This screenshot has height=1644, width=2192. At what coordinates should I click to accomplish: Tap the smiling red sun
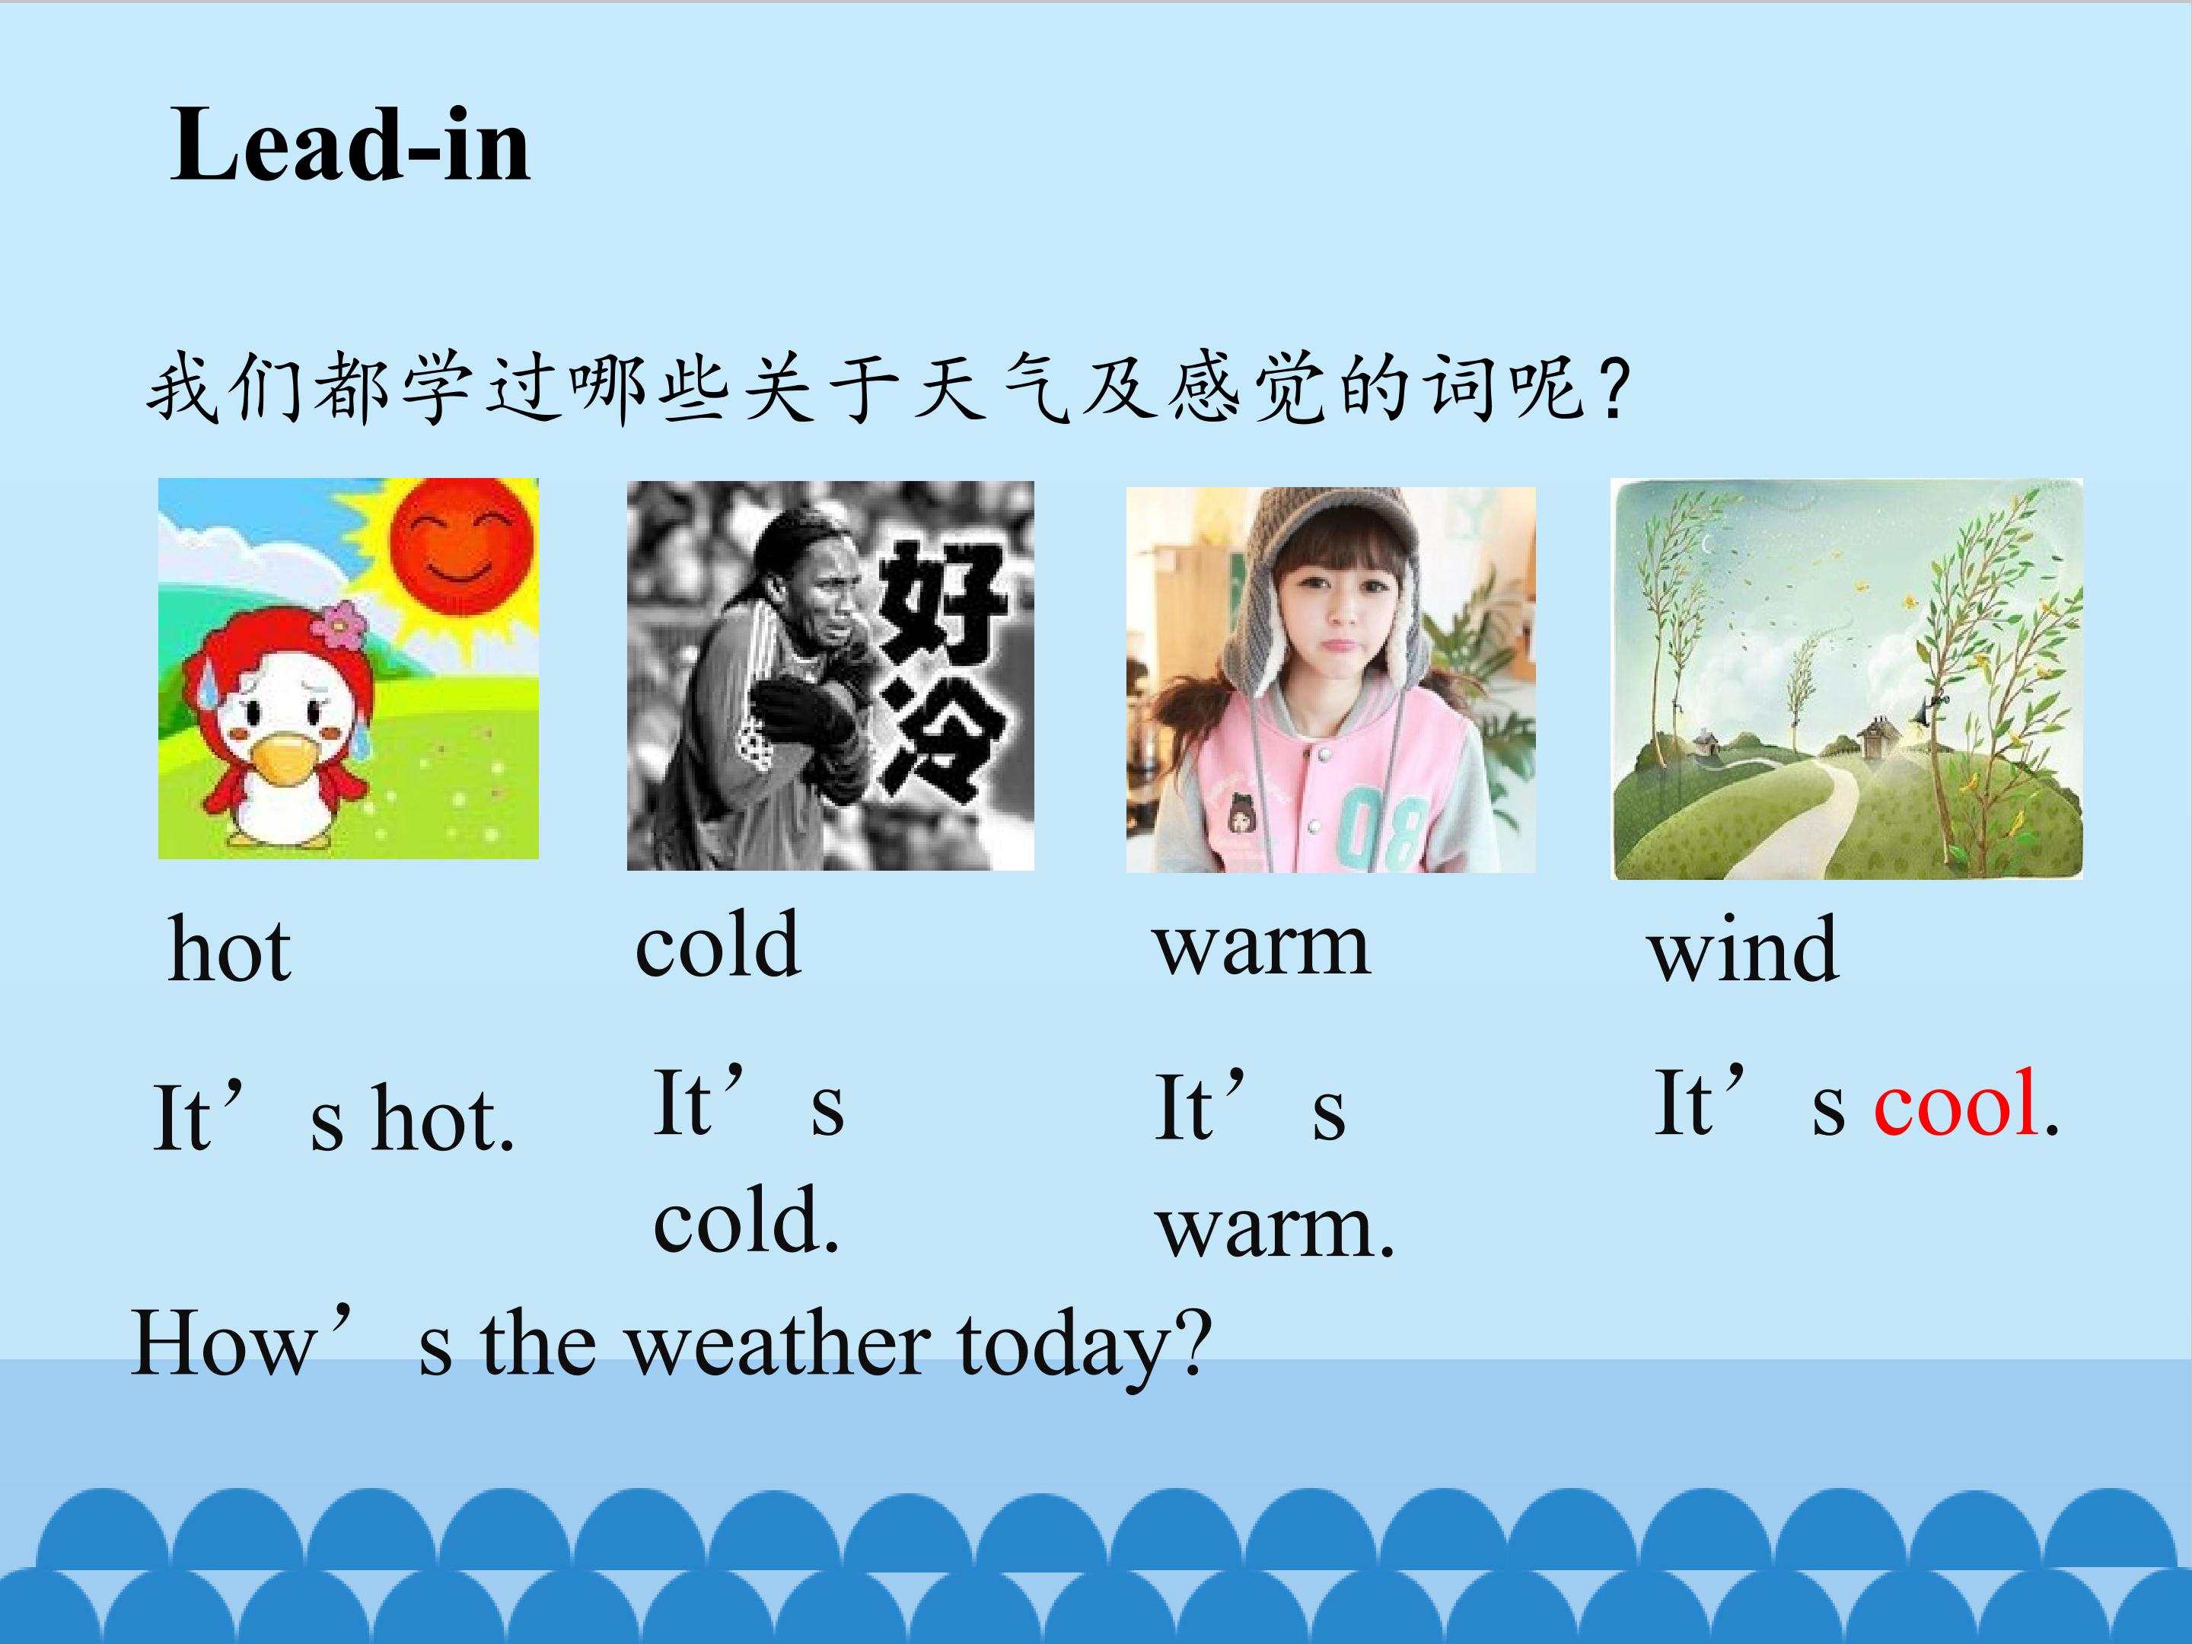(463, 547)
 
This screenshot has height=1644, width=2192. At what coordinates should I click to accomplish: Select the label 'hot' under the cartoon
(230, 948)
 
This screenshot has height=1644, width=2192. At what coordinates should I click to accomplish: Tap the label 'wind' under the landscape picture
(1744, 948)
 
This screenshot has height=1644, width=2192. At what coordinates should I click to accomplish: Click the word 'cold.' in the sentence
(745, 1220)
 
